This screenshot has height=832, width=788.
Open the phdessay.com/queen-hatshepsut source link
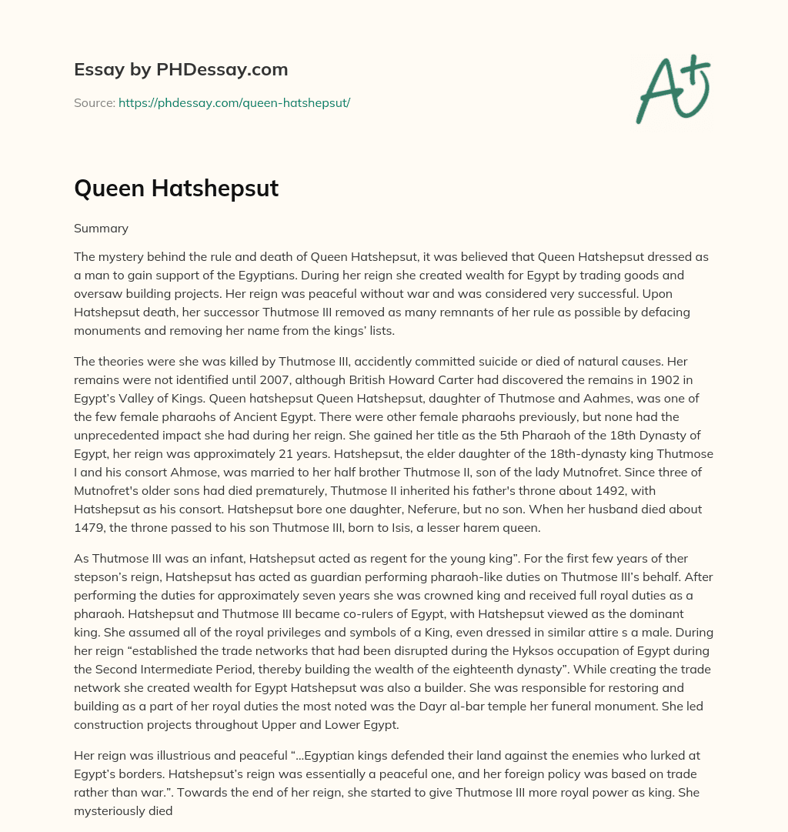click(234, 102)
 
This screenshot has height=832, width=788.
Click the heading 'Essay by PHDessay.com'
click(181, 69)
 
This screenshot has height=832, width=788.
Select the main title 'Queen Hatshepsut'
click(176, 189)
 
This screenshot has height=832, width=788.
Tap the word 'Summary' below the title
click(101, 229)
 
